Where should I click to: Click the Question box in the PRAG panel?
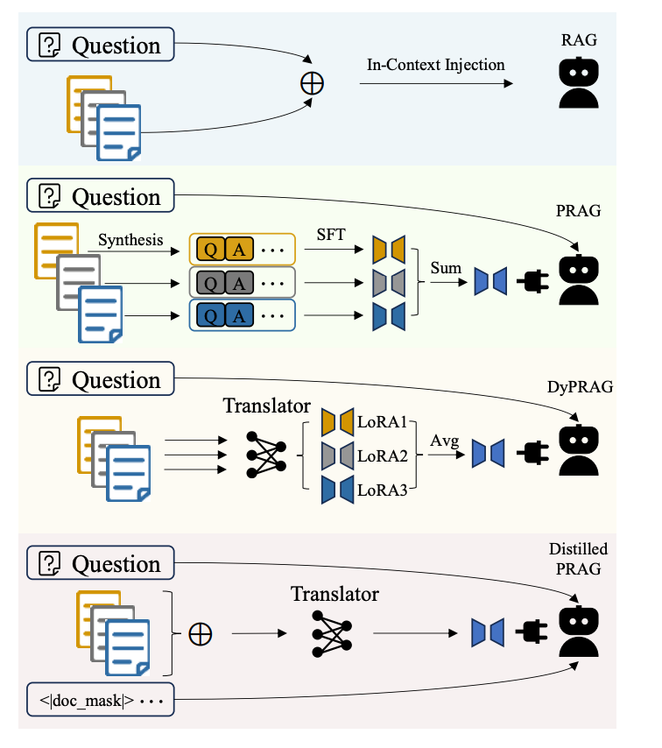coord(101,196)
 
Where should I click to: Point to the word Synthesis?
coord(130,239)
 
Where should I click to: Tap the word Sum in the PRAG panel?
coord(445,268)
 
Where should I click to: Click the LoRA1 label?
coord(383,420)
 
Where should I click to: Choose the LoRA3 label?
coord(383,488)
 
